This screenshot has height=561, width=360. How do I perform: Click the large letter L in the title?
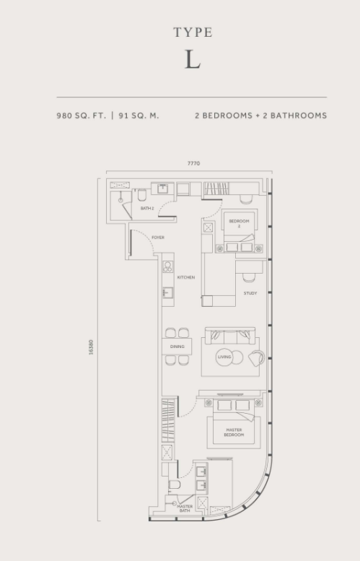pyautogui.click(x=192, y=61)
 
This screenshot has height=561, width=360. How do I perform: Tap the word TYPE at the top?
pyautogui.click(x=193, y=32)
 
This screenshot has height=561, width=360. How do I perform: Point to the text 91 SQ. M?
pyautogui.click(x=139, y=116)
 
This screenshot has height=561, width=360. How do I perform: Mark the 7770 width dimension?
pyautogui.click(x=193, y=163)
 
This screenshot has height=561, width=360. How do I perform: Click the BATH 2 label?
pyautogui.click(x=147, y=209)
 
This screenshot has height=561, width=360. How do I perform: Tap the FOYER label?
pyautogui.click(x=157, y=237)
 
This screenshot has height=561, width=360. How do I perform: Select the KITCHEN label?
pyautogui.click(x=186, y=277)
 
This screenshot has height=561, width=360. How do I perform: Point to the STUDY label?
pyautogui.click(x=250, y=293)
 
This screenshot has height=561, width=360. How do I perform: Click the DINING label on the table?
pyautogui.click(x=177, y=347)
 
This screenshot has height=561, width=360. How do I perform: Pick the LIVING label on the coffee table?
pyautogui.click(x=225, y=356)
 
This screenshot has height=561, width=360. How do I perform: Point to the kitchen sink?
pyautogui.click(x=167, y=292)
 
